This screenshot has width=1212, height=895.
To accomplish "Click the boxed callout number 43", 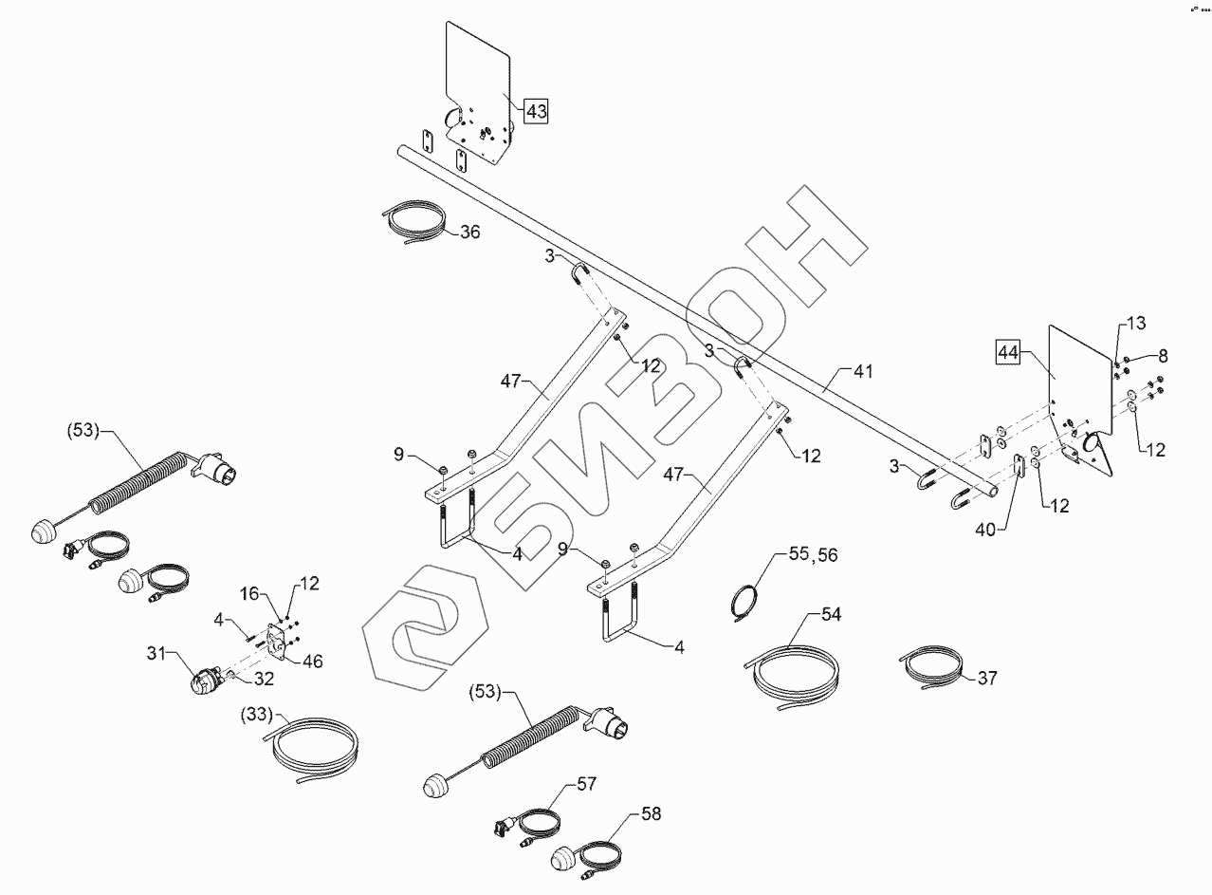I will [x=536, y=111].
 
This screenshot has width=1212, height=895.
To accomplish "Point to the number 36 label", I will [x=471, y=232].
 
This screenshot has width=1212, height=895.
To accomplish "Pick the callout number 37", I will [x=987, y=679].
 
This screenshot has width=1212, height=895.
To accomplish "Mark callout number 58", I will [x=651, y=813].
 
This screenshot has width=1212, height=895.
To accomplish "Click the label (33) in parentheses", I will [x=258, y=713].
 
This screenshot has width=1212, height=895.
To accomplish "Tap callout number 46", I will [x=312, y=661].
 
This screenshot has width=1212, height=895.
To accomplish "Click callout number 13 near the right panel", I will [x=1136, y=324].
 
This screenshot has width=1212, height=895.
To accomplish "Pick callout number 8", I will [x=1163, y=356].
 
